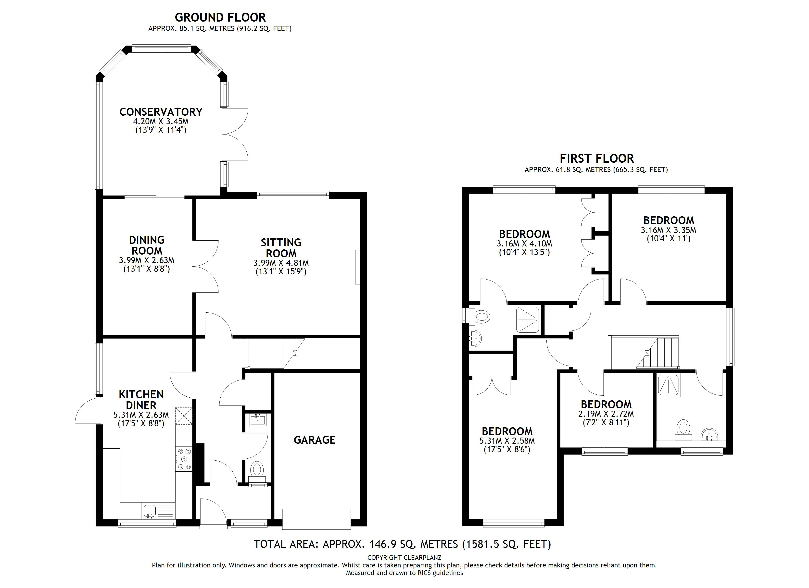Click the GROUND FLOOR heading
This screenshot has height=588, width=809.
(x=220, y=17)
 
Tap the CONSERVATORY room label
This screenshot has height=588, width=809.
(x=161, y=112)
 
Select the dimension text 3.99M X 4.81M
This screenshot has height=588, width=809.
(x=281, y=263)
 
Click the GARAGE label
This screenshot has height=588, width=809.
(x=315, y=440)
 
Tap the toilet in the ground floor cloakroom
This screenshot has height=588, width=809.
(x=257, y=470)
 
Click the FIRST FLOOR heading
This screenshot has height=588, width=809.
(x=597, y=158)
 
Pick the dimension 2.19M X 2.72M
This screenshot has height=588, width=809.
(x=606, y=414)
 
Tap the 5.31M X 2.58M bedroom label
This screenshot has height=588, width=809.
(x=507, y=441)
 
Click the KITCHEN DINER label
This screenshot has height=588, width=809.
(x=141, y=400)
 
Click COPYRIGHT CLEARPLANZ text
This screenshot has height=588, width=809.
(x=404, y=557)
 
